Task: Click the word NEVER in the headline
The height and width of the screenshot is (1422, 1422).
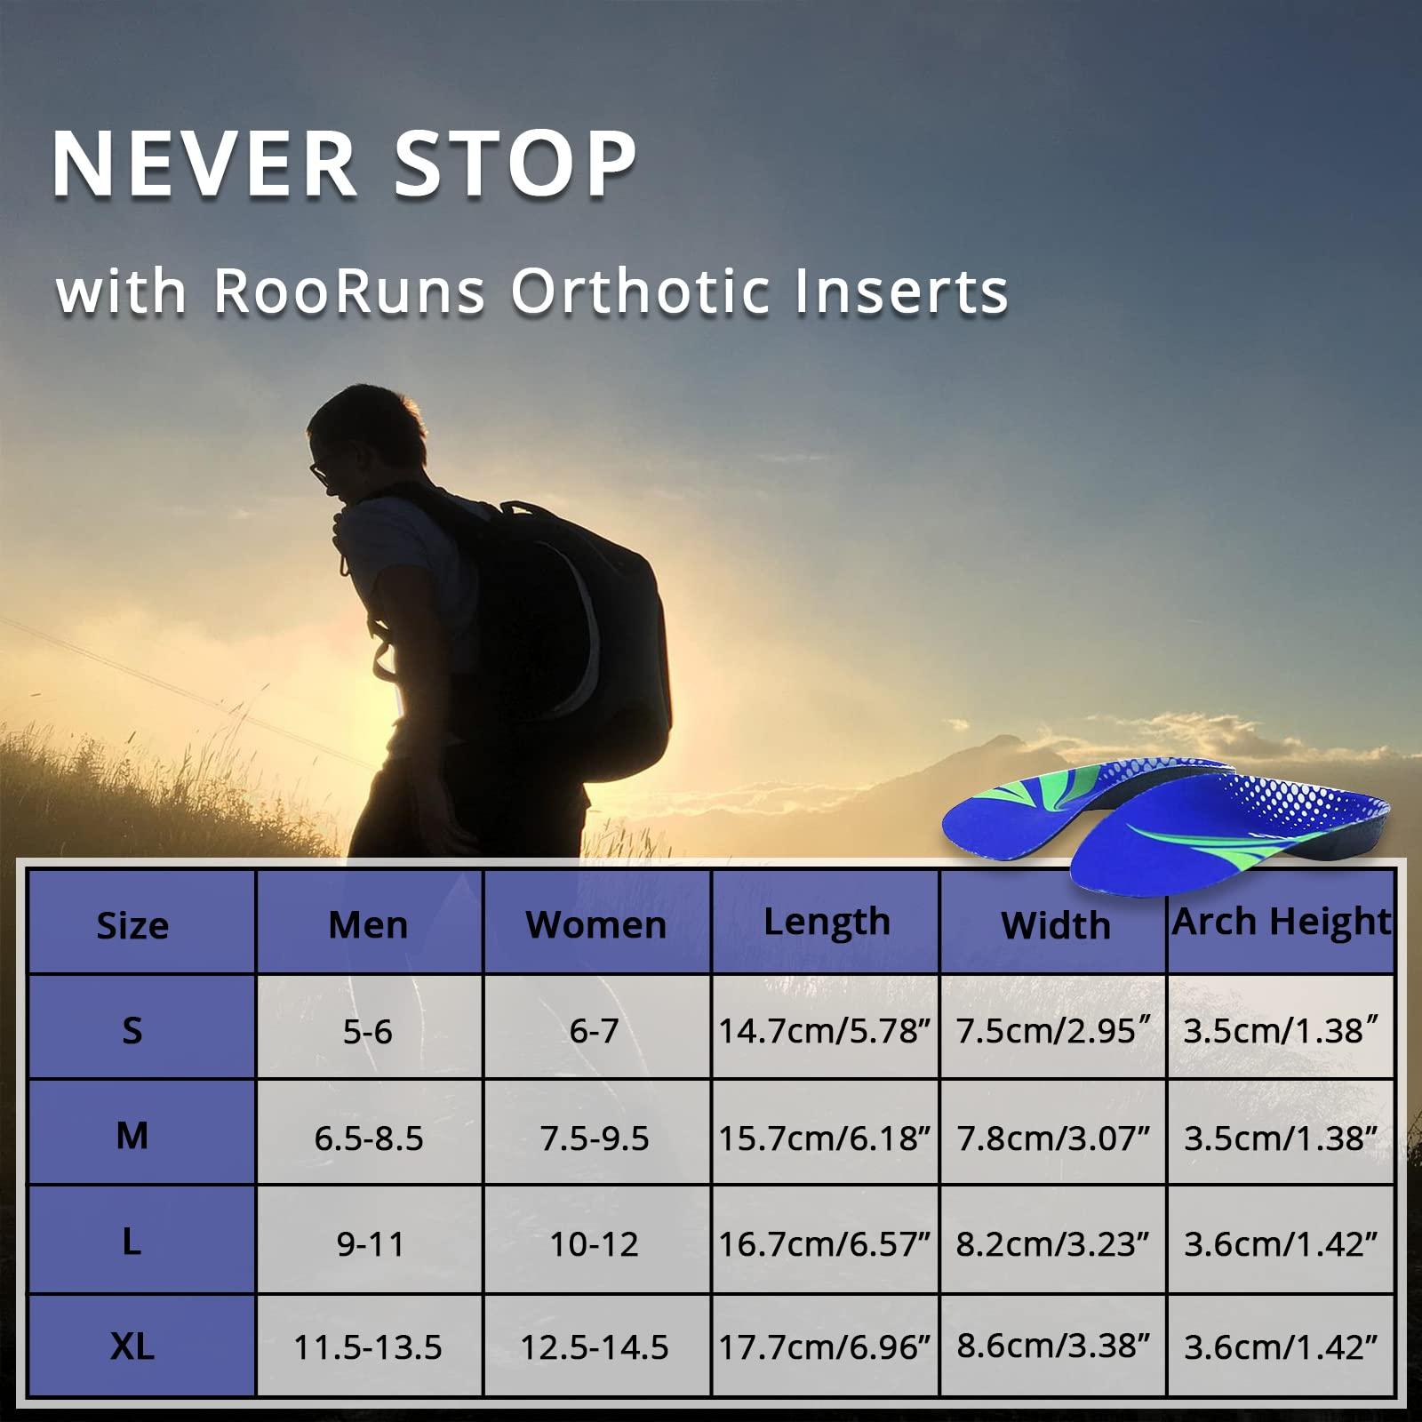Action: [x=205, y=164]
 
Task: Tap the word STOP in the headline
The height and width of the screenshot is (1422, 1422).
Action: [x=515, y=164]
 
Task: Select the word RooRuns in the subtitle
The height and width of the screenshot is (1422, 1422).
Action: [x=348, y=291]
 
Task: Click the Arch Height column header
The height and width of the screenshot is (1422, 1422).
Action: [x=1281, y=923]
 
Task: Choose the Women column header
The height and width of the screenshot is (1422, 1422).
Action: [x=595, y=925]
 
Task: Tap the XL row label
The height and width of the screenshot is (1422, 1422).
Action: [x=132, y=1346]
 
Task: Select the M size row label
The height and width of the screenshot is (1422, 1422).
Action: [x=132, y=1136]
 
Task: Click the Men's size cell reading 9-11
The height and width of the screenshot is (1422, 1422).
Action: [x=370, y=1244]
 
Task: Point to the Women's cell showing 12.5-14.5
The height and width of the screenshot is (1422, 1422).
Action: [x=594, y=1347]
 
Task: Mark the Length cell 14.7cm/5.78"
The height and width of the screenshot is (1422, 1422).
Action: [x=824, y=1031]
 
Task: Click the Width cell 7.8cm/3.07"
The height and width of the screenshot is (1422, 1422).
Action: [x=1053, y=1138]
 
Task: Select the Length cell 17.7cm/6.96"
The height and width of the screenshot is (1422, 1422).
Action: [x=824, y=1347]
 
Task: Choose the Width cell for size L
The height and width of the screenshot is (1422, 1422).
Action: [x=1053, y=1244]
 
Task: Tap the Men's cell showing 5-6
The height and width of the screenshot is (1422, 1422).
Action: [x=368, y=1031]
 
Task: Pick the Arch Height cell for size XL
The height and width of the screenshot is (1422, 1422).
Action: [x=1281, y=1347]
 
